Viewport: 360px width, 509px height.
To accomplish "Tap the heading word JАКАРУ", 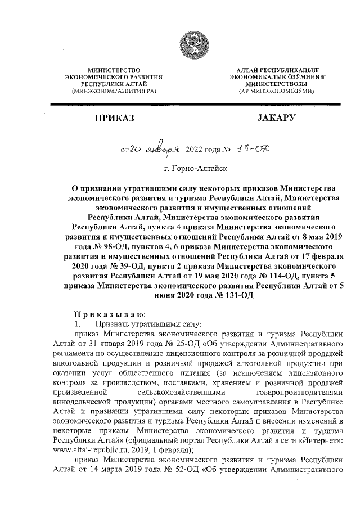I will click(276, 119).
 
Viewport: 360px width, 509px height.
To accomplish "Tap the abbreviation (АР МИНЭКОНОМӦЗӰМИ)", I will click(276, 91).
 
